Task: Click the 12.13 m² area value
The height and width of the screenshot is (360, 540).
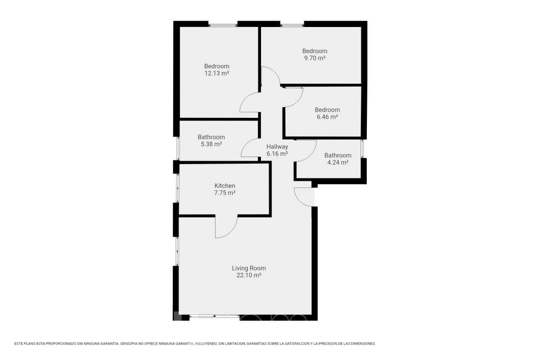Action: [x=217, y=73]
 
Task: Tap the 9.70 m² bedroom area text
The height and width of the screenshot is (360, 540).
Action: [x=315, y=58]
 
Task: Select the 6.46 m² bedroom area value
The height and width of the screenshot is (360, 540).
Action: [x=327, y=117]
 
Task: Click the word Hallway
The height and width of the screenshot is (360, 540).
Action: [x=277, y=147]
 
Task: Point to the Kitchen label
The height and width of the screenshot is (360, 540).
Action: [x=225, y=186]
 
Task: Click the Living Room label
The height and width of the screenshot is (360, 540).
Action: [x=249, y=268]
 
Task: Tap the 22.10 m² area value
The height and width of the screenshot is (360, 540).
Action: [x=249, y=275]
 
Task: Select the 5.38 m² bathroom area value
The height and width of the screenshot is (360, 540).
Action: [x=211, y=144]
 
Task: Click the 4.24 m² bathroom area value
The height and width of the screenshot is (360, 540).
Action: [x=338, y=162]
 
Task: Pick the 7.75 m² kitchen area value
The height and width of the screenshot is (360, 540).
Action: [x=225, y=193]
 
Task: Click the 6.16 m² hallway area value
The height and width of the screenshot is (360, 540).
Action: [x=277, y=153]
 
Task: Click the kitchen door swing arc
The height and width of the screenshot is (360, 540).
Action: [x=231, y=232]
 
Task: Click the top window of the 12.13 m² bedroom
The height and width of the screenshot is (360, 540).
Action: [x=223, y=25]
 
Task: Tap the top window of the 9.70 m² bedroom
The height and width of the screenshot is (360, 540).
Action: [x=292, y=25]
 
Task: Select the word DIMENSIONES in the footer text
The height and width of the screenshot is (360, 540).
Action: [x=363, y=344]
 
